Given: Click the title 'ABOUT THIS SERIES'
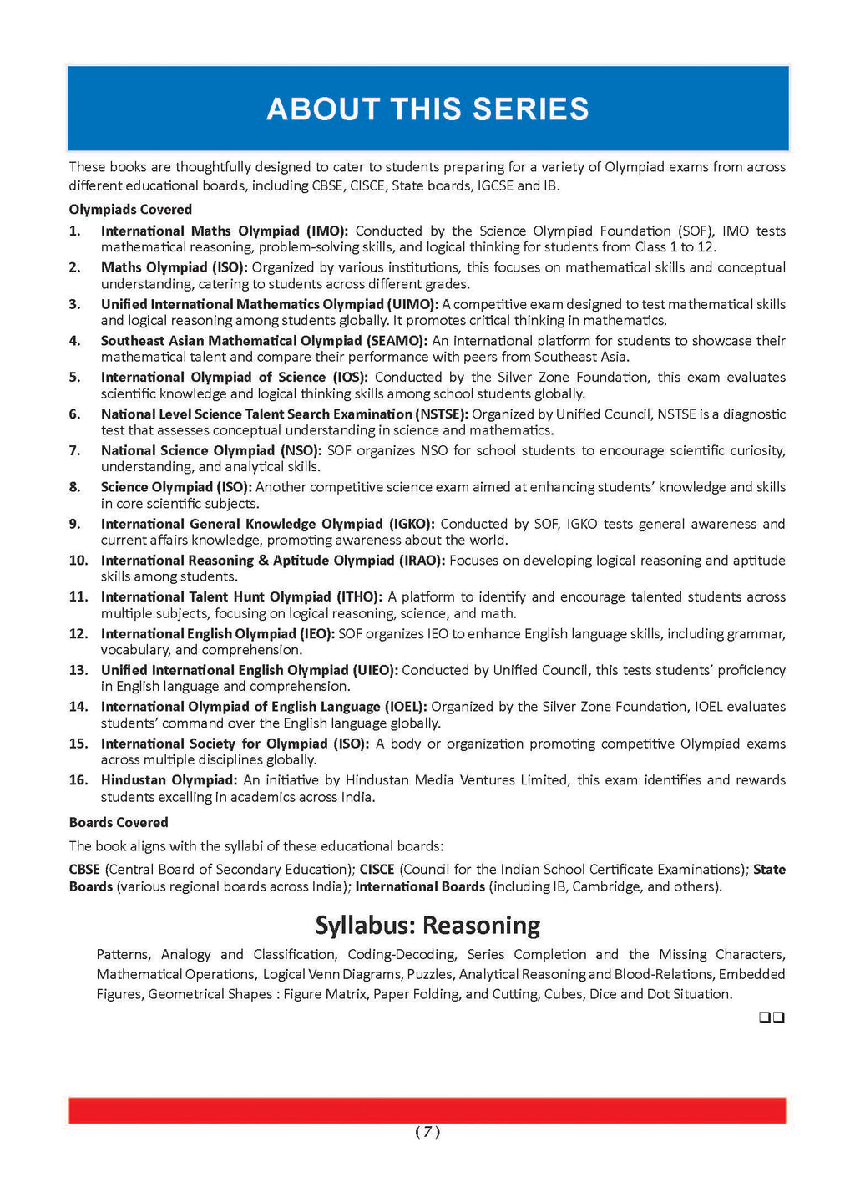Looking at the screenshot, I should pyautogui.click(x=427, y=109).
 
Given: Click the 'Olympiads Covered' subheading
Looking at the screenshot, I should pyautogui.click(x=130, y=210).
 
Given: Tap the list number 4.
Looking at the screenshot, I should pyautogui.click(x=75, y=341).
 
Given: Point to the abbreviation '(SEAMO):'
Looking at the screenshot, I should pyautogui.click(x=397, y=341).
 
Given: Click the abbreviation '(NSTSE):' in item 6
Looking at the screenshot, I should pyautogui.click(x=441, y=414).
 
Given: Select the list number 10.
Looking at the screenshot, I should pyautogui.click(x=78, y=561).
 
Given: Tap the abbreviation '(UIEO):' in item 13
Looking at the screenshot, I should pyautogui.click(x=375, y=670).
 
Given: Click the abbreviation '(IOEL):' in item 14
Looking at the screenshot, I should pyautogui.click(x=405, y=707).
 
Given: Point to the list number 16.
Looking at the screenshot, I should pyautogui.click(x=78, y=780).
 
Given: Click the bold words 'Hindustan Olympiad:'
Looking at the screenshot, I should pyautogui.click(x=169, y=780).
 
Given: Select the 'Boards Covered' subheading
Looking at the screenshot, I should pyautogui.click(x=119, y=823).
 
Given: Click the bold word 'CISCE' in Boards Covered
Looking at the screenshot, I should pyautogui.click(x=377, y=870).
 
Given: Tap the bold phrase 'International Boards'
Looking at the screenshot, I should pyautogui.click(x=420, y=886).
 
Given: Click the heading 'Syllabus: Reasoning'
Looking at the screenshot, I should pyautogui.click(x=427, y=926).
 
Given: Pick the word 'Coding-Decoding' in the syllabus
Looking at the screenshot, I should pyautogui.click(x=402, y=954).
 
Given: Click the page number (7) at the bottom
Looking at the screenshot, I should pyautogui.click(x=427, y=1132).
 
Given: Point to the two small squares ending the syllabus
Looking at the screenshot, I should pyautogui.click(x=772, y=1018).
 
